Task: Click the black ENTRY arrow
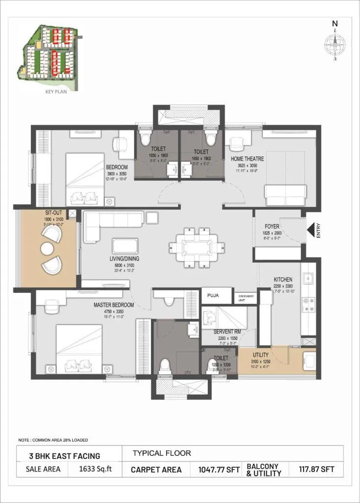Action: tap(311, 230)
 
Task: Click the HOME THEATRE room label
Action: tap(247, 159)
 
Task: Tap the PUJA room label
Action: tap(213, 296)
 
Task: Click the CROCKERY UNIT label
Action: tap(246, 298)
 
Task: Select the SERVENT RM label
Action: tap(226, 332)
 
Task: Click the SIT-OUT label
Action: tap(51, 214)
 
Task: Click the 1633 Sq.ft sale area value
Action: tap(96, 469)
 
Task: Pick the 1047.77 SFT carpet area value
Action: tap(219, 470)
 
